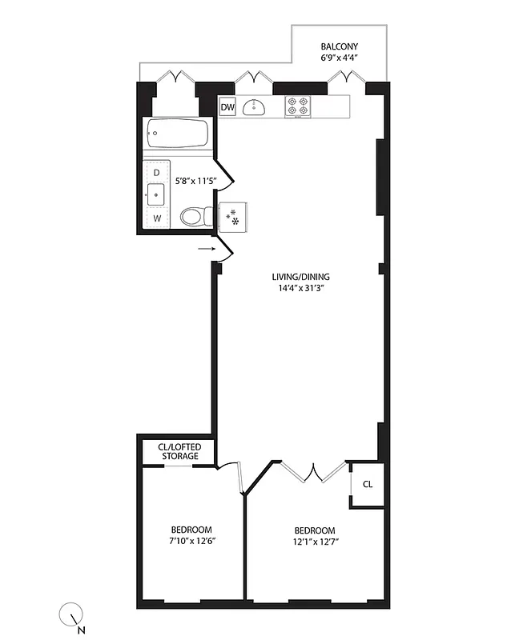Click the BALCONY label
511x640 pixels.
[339, 46]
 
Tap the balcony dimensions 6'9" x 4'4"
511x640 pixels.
[339, 58]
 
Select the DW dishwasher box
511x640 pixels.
[227, 107]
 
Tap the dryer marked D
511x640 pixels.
[156, 173]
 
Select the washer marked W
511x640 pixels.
[157, 217]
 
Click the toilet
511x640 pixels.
[194, 216]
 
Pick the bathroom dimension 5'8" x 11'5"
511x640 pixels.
[192, 181]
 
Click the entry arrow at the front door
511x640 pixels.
[207, 249]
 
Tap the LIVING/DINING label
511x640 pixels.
[300, 277]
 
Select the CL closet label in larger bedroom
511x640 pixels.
[367, 485]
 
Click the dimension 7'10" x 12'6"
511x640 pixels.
[191, 542]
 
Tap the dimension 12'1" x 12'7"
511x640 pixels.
[314, 542]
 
